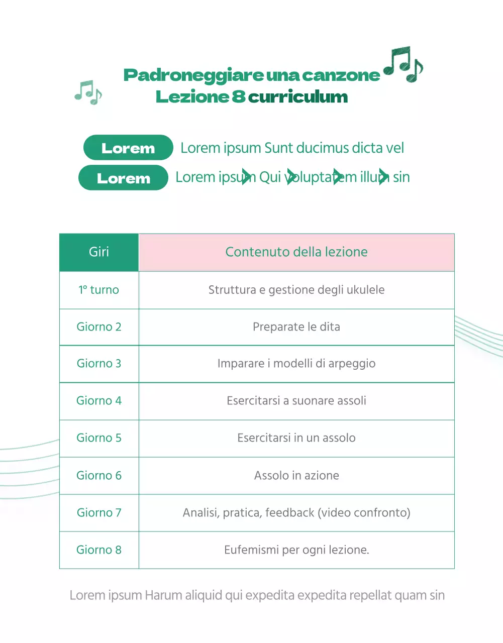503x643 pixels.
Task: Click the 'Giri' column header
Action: [99, 252]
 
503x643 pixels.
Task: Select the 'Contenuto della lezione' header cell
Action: [296, 252]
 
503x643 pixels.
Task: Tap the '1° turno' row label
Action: [99, 290]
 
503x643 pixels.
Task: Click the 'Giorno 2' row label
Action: [99, 327]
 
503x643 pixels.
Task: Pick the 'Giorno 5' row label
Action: [99, 438]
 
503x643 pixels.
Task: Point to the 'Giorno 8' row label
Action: [99, 550]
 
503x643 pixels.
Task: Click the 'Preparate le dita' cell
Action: [296, 327]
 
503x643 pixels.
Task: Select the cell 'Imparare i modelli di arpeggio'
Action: [296, 364]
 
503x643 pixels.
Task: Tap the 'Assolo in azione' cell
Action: [296, 476]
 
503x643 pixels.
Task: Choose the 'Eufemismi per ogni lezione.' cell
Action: [296, 550]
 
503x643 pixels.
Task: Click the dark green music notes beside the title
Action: [403, 64]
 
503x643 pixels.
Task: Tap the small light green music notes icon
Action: [88, 92]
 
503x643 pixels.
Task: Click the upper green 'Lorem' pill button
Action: [128, 148]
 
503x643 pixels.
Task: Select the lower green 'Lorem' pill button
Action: [123, 178]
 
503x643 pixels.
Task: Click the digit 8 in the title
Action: [239, 96]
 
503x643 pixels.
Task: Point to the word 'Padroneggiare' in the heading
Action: [194, 75]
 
